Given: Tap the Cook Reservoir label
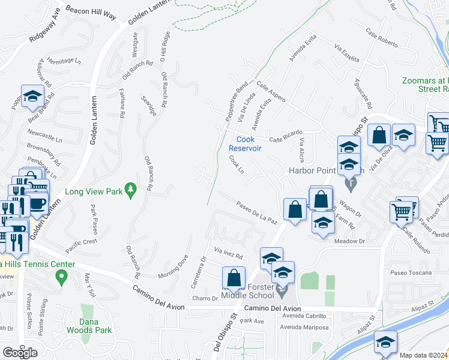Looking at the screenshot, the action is pyautogui.click(x=245, y=144).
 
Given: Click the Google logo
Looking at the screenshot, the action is pyautogui.click(x=20, y=353).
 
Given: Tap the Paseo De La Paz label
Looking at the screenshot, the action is pyautogui.click(x=256, y=212).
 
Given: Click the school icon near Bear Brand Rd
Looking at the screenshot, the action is pyautogui.click(x=32, y=96).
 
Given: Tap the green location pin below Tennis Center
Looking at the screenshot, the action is pyautogui.click(x=60, y=277).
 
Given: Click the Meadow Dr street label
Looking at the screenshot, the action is pyautogui.click(x=349, y=241).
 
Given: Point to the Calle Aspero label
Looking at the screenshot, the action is pyautogui.click(x=271, y=91).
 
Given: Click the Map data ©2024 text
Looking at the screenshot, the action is pyautogui.click(x=424, y=355).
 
